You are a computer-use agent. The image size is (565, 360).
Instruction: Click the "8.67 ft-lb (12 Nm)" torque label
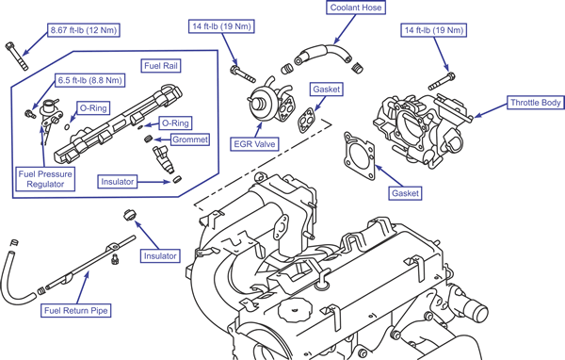point(84,30)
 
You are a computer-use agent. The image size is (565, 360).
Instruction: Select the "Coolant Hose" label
point(356,8)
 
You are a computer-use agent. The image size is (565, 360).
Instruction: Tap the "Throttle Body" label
point(536,103)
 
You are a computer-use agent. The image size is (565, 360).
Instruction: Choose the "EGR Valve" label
point(254,144)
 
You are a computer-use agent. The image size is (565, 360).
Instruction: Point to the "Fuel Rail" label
point(161,66)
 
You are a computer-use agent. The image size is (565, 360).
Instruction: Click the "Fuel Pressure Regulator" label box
point(45,179)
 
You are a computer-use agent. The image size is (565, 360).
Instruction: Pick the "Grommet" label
point(190,139)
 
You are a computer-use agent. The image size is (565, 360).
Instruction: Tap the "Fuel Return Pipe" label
point(75,311)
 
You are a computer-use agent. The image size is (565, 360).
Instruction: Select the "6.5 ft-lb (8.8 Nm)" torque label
point(90,80)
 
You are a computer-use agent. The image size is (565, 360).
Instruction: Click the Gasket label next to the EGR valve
point(326,90)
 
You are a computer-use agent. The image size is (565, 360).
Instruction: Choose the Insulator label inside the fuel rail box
point(117,182)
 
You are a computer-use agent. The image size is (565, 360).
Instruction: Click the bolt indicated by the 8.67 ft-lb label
point(17,57)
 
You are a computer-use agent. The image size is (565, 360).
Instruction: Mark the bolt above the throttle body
point(442,82)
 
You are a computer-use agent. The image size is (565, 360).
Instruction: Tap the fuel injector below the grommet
point(163,158)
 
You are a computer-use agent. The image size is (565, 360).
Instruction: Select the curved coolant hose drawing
point(323,54)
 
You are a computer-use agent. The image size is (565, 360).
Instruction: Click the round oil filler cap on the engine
point(296,310)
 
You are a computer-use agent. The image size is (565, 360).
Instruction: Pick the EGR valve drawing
point(271,102)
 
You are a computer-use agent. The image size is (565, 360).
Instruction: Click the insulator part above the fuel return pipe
point(129,215)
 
